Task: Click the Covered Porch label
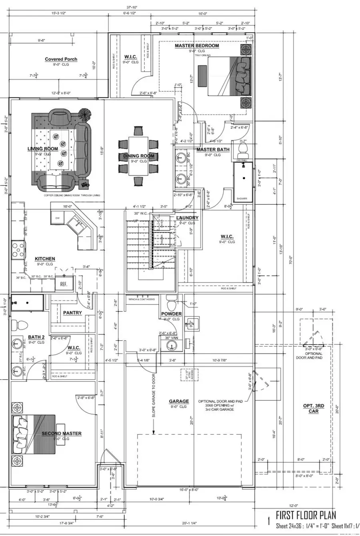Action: pos(61,59)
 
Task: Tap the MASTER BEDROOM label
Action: pos(197,46)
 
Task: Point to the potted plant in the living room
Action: pos(84,114)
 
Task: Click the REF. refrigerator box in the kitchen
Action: pos(64,284)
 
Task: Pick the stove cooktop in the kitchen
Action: pos(17,250)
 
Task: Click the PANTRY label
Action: pos(72,313)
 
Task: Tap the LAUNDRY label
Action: pos(187,218)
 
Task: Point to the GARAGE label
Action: pos(179,401)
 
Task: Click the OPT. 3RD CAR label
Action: pos(313,408)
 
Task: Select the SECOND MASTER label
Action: pos(62,434)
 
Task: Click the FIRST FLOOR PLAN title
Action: pos(306,515)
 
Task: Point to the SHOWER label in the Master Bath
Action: pos(242,199)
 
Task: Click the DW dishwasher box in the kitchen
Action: pos(57,218)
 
